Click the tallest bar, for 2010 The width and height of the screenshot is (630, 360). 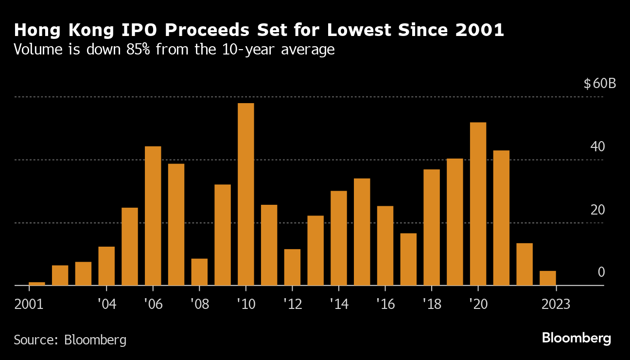click(x=246, y=194)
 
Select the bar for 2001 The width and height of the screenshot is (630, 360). click(x=37, y=284)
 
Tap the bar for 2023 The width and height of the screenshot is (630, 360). click(x=548, y=278)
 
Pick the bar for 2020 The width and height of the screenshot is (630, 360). click(x=478, y=204)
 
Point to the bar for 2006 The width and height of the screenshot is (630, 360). click(x=153, y=216)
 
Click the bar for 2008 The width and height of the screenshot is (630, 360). click(x=199, y=272)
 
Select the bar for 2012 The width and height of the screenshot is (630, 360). click(x=292, y=267)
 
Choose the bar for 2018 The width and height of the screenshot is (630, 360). click(x=432, y=227)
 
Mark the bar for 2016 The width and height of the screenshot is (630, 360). click(x=385, y=246)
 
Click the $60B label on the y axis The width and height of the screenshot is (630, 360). click(x=600, y=84)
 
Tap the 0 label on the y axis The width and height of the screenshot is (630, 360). click(x=601, y=272)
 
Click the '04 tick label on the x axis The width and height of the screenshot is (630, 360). click(x=106, y=305)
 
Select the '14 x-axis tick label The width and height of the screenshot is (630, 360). click(x=339, y=305)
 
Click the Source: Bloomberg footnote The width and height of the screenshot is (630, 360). click(x=70, y=340)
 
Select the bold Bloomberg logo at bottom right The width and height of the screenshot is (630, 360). click(x=577, y=338)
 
